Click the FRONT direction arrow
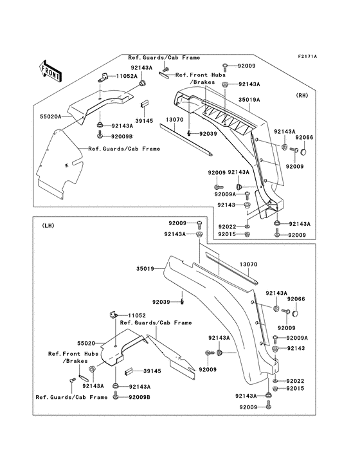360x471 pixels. click(x=51, y=71)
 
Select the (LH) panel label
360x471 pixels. click(x=49, y=226)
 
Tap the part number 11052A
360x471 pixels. click(x=126, y=77)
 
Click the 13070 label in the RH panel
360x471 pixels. click(x=157, y=120)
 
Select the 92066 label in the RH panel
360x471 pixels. click(x=305, y=137)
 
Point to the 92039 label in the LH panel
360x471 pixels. click(x=163, y=301)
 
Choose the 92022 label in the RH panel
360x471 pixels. click(x=228, y=227)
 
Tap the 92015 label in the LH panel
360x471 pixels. click(x=296, y=389)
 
